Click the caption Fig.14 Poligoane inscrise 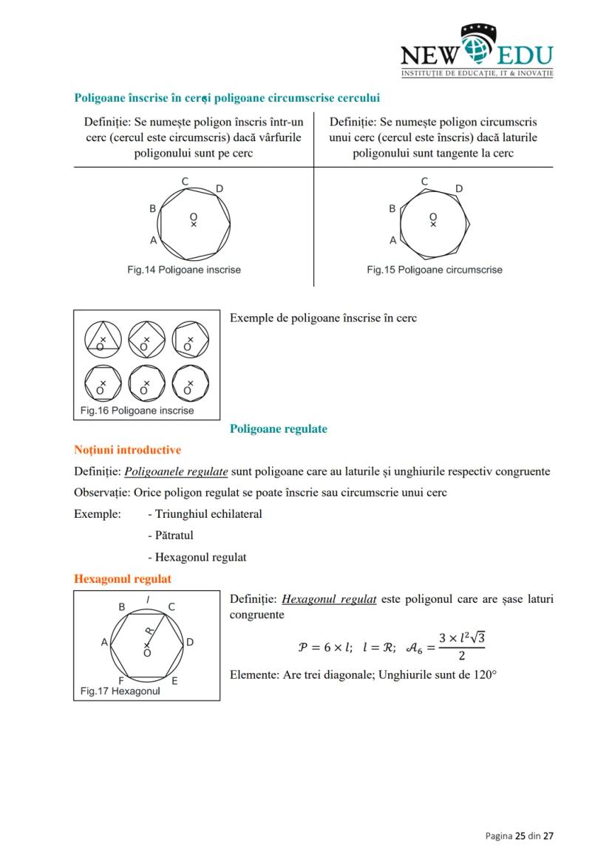[183, 270]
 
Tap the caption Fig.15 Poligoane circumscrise [434, 270]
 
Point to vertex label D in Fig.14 [220, 189]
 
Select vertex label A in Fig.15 [393, 240]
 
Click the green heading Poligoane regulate [278, 428]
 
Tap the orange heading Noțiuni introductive [127, 450]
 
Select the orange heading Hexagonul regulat [123, 579]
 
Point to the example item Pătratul [171, 536]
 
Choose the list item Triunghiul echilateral [205, 514]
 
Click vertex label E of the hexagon [174, 680]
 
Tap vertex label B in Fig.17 [122, 606]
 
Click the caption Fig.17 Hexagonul [120, 691]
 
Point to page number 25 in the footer [520, 835]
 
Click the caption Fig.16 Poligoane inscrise [137, 411]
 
